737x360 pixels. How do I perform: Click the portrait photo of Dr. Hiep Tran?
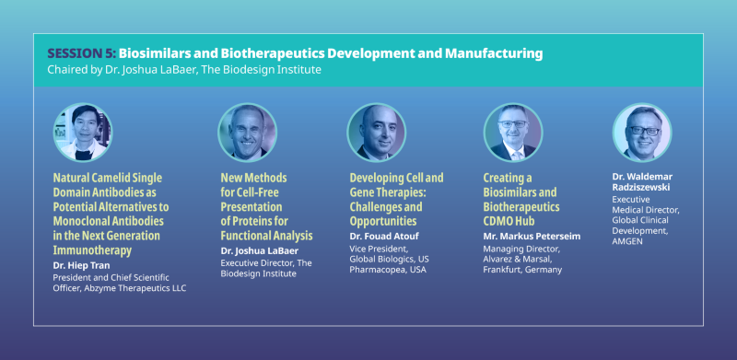point(82,133)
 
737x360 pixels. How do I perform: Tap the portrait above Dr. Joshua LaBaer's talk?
point(247,133)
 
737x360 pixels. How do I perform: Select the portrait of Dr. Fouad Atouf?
point(376,133)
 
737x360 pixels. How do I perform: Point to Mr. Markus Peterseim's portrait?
point(513,133)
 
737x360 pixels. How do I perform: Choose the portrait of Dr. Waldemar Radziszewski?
point(642,133)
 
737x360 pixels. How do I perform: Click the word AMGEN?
point(631,241)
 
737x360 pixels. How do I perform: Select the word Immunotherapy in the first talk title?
point(92,250)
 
